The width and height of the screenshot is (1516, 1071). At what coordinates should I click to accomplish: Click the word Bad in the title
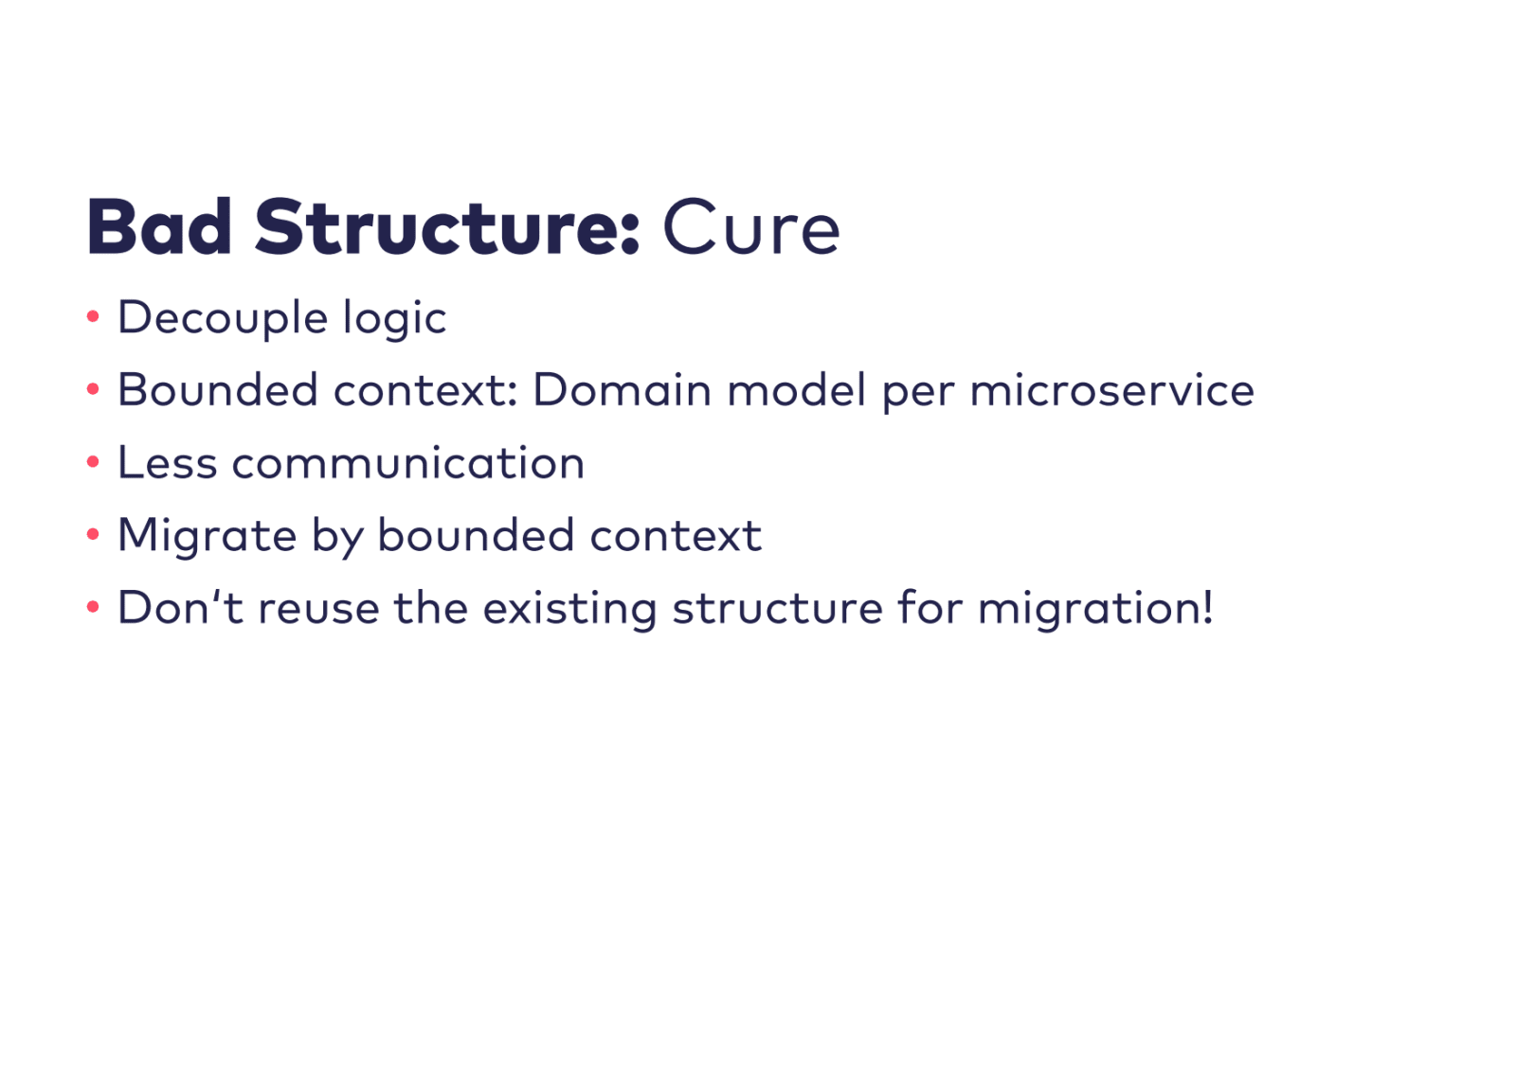[x=159, y=227]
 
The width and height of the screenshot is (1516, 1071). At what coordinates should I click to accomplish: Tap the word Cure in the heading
[x=750, y=228]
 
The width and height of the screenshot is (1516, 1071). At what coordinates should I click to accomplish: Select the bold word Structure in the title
[x=447, y=227]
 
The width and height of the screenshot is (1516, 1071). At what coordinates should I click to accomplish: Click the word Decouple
[x=223, y=318]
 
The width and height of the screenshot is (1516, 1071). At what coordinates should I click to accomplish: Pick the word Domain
[x=622, y=390]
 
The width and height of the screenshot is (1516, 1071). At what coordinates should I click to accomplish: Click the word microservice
[x=1111, y=390]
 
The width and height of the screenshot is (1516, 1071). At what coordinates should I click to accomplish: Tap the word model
[x=796, y=390]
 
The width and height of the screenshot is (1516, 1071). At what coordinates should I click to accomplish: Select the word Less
[x=167, y=463]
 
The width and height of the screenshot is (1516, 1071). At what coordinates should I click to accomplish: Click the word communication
[x=408, y=463]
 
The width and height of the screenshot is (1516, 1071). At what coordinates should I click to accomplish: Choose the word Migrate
[x=208, y=536]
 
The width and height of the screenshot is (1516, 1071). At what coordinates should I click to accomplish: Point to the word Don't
[x=180, y=608]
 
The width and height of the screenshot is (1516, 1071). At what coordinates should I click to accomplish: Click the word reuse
[x=318, y=608]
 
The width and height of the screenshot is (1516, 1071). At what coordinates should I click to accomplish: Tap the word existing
[x=570, y=609]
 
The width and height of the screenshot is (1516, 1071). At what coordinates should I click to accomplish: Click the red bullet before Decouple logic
[x=93, y=316]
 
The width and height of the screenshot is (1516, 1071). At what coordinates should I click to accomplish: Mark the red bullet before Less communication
[x=93, y=462]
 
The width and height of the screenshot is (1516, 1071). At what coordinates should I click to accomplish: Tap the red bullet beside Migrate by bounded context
[x=93, y=535]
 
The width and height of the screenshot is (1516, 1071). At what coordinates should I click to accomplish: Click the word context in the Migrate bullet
[x=676, y=536]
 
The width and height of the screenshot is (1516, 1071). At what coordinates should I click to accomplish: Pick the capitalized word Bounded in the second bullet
[x=217, y=390]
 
